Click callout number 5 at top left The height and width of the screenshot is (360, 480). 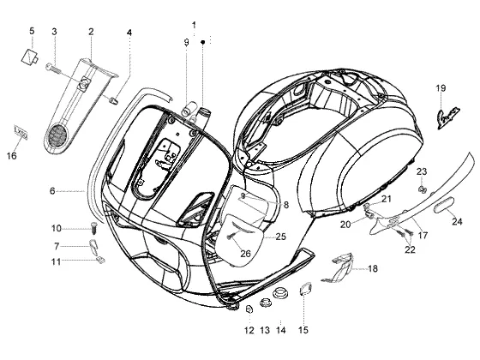click(32, 31)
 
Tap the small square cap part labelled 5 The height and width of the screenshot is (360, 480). click(29, 57)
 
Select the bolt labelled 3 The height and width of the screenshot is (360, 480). click(53, 68)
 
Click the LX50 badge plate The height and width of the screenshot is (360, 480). click(21, 132)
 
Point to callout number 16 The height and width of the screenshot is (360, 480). click(12, 156)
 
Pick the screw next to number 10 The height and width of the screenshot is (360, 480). click(93, 229)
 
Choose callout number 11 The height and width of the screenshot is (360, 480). click(56, 262)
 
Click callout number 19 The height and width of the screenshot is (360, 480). click(441, 88)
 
